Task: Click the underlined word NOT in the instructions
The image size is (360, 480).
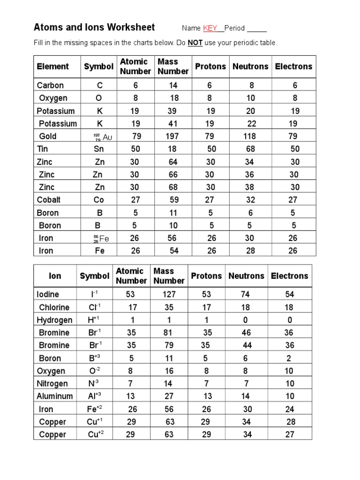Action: point(195,43)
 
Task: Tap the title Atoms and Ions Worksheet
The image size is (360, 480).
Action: point(94,27)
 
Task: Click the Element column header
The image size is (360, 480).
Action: point(52,67)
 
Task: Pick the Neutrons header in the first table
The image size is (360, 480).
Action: point(251,67)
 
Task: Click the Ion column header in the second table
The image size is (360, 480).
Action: point(55,276)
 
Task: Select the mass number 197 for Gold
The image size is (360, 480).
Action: point(172,136)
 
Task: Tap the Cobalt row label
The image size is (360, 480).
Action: point(49,200)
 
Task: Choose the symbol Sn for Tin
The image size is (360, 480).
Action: point(98,149)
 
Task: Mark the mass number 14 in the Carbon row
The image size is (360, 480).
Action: point(173,85)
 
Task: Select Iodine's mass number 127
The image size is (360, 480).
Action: point(169,294)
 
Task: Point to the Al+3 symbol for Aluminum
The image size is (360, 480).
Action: point(94,396)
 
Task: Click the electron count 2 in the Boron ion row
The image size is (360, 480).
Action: point(289,358)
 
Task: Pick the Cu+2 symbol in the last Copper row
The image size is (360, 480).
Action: point(95,434)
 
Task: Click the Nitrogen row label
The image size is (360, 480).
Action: point(52,383)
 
